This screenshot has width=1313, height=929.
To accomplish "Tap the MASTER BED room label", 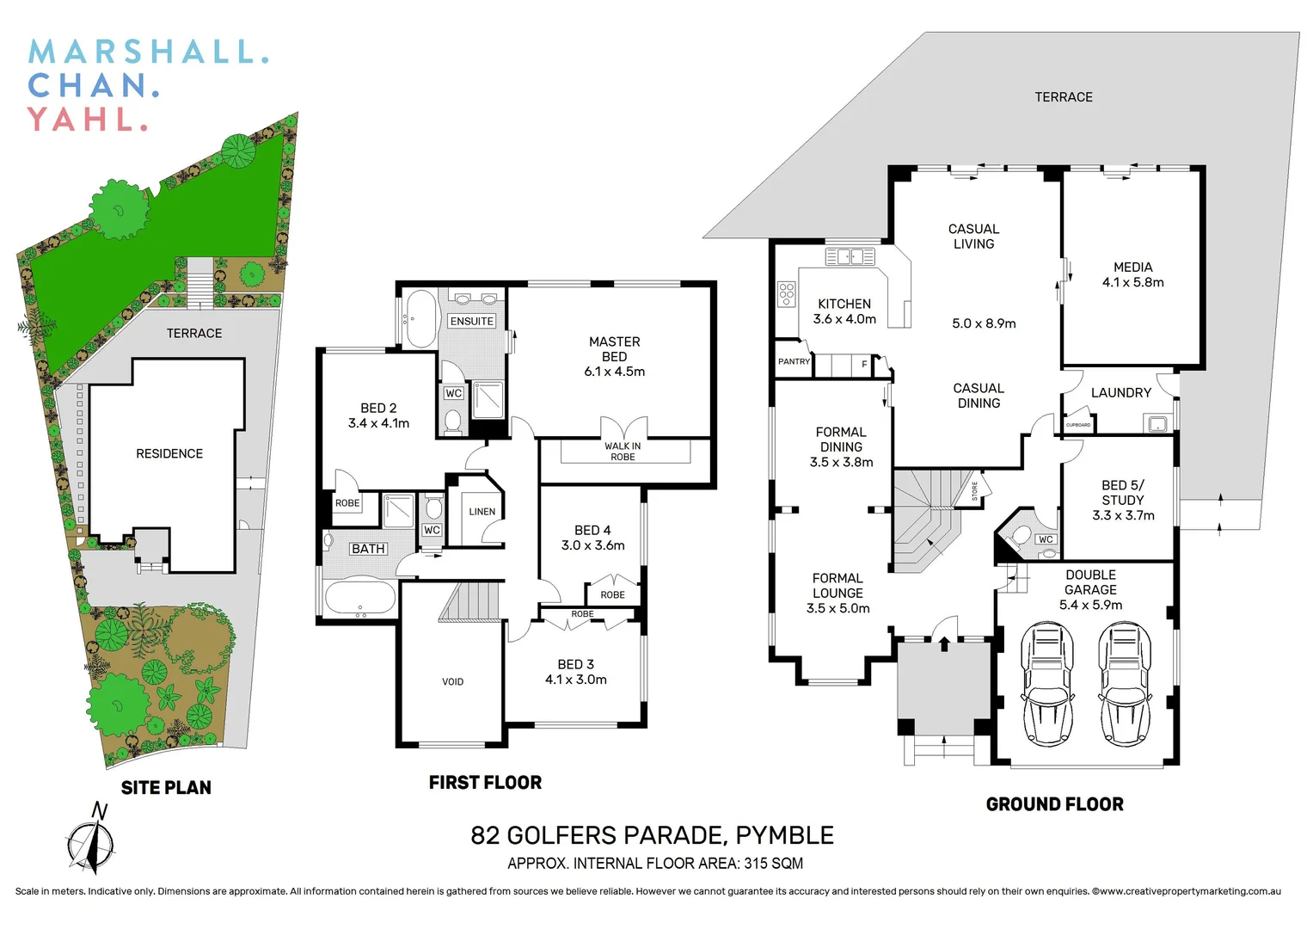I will (x=614, y=356).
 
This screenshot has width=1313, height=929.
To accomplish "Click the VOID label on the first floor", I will (x=452, y=682).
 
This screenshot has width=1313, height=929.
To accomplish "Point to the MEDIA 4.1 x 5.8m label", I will (x=1132, y=274).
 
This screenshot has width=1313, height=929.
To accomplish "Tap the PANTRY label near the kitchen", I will (x=794, y=362).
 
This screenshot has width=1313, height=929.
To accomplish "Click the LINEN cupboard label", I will (x=482, y=512).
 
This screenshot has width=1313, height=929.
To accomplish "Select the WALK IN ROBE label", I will (x=623, y=452).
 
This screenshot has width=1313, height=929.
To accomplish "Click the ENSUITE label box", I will (x=472, y=321).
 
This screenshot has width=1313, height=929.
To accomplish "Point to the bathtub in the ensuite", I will (x=421, y=319).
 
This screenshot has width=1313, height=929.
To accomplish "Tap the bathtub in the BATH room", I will (x=360, y=599).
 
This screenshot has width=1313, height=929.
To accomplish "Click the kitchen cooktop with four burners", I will (x=787, y=294).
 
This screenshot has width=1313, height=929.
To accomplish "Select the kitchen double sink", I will (x=850, y=256).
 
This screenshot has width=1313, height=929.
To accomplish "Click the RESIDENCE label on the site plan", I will (x=169, y=453).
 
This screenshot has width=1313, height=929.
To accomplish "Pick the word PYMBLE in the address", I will (x=784, y=835).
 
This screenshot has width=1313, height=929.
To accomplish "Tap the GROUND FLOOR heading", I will (x=1054, y=804).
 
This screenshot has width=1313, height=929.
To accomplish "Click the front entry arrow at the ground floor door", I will (x=944, y=643).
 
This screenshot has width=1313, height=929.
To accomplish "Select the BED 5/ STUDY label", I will (x=1122, y=500).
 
